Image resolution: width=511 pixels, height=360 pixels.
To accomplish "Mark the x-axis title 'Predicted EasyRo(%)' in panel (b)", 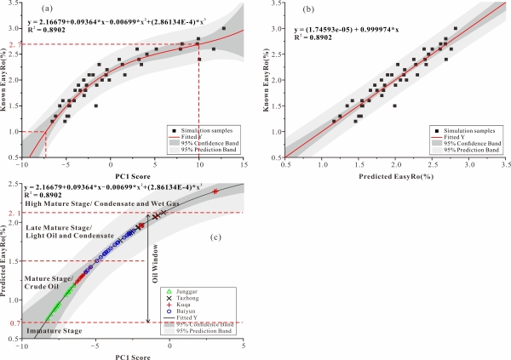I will click(x=395, y=176).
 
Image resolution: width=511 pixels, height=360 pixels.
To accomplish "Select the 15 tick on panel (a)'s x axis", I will click(x=244, y=164).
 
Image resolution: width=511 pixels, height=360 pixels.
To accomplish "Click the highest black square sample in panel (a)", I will click(x=224, y=28).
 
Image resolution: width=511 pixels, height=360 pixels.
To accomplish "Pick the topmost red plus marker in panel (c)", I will click(x=215, y=191).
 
